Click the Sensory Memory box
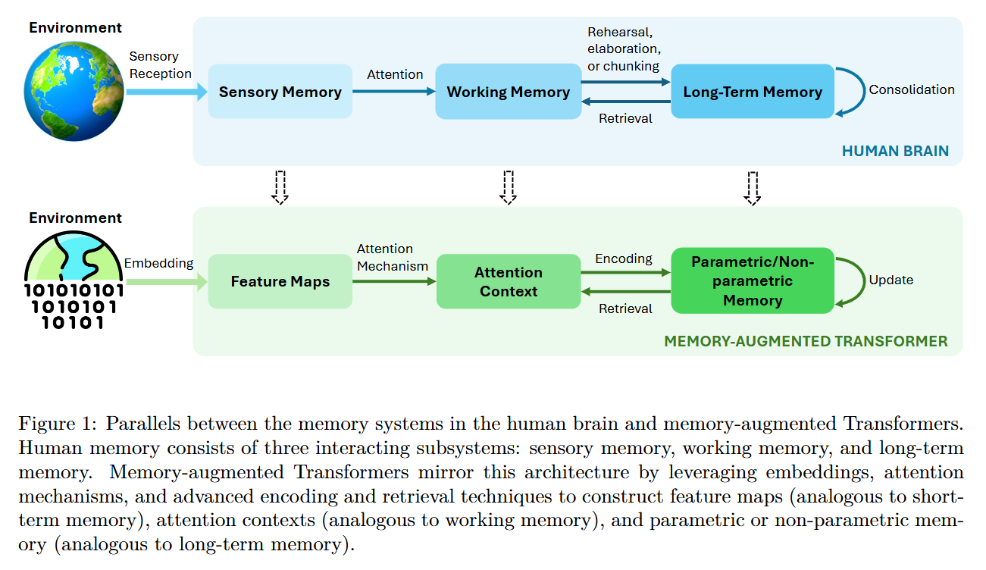tap(280, 92)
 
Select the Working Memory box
tap(508, 92)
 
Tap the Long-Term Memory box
tap(752, 92)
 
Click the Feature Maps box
tap(280, 281)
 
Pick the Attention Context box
tap(508, 281)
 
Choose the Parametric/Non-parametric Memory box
tap(752, 281)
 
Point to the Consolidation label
tap(911, 89)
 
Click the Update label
tap(891, 280)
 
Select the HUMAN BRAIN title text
tap(895, 151)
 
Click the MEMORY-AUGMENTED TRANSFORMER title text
tap(805, 341)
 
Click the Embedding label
tap(158, 263)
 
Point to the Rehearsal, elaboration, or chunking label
tap(623, 49)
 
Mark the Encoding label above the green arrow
tap(623, 258)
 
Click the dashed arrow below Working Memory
tap(508, 187)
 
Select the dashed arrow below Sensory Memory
tap(280, 187)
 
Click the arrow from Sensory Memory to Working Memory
tap(393, 92)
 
